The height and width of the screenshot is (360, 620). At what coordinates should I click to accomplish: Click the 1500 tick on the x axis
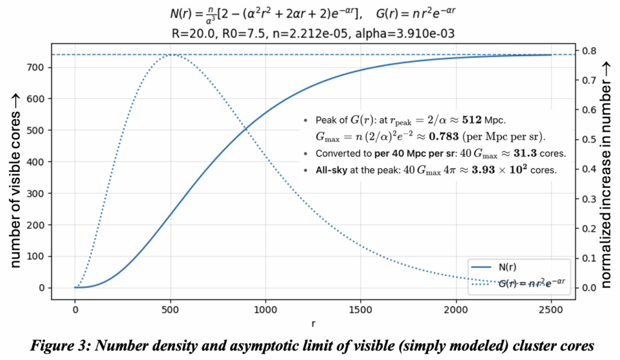tap(360, 309)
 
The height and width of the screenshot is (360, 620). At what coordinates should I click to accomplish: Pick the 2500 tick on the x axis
tap(550, 309)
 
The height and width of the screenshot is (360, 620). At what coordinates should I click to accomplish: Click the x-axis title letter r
tap(313, 324)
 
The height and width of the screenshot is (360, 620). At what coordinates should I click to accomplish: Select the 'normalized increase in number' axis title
tap(606, 173)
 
